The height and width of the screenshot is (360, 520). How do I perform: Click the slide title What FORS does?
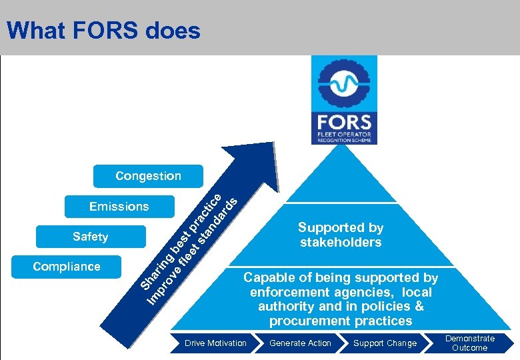[103, 31]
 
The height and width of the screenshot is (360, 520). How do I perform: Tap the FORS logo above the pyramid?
[344, 99]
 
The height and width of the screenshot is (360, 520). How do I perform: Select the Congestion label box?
[148, 176]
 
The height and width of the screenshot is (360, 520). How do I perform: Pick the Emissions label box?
[119, 207]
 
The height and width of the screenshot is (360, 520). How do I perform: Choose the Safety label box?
[91, 237]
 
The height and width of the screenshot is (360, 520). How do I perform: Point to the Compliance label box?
[67, 267]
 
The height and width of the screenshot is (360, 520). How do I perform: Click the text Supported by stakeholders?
[341, 235]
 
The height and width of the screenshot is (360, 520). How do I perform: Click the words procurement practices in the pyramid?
[341, 321]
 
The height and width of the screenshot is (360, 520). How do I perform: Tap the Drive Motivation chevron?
[215, 343]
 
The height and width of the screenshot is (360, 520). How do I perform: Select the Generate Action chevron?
[300, 343]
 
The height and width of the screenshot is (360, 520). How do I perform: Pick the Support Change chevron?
[385, 343]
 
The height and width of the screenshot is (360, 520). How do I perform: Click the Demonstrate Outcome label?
[469, 343]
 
